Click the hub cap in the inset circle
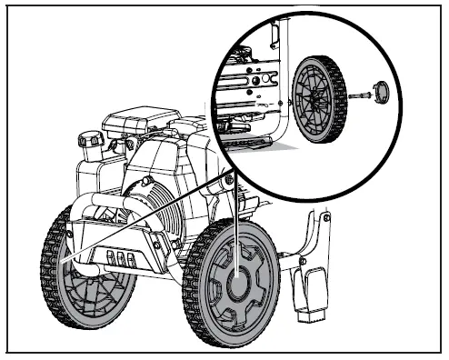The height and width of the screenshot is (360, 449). (378, 91)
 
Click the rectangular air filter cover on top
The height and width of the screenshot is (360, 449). (141, 122)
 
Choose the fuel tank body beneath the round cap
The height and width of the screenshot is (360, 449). (91, 173)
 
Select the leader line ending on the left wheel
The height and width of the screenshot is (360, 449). (136, 227)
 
